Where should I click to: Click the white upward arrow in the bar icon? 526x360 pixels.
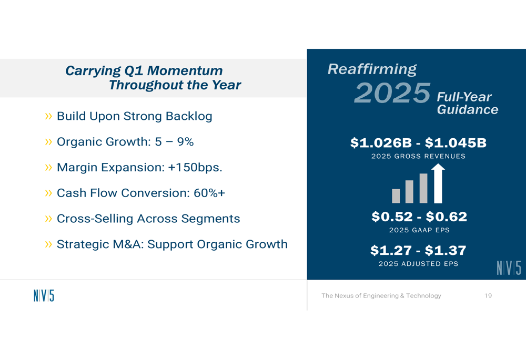(x=438, y=184)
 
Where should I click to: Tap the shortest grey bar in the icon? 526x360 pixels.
(x=396, y=196)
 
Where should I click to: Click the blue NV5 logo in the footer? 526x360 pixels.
(x=44, y=296)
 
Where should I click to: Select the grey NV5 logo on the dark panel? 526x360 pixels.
(x=509, y=268)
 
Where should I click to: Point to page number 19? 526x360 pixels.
(x=488, y=296)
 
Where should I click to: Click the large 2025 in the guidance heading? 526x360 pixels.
(x=392, y=93)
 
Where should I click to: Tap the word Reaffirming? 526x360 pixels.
(x=372, y=69)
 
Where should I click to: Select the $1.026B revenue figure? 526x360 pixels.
(x=381, y=143)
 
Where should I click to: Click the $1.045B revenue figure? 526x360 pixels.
(x=456, y=143)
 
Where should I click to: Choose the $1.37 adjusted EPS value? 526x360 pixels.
(x=446, y=250)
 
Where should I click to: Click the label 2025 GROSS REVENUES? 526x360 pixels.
(x=418, y=156)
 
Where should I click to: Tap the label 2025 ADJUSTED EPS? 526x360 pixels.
(x=418, y=264)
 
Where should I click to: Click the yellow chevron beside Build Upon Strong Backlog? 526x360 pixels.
(x=48, y=116)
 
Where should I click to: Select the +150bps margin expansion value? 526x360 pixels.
(x=195, y=167)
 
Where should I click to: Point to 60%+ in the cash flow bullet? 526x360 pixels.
(x=209, y=193)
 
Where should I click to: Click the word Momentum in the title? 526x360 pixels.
(x=185, y=71)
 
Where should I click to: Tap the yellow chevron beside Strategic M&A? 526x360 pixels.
(x=48, y=244)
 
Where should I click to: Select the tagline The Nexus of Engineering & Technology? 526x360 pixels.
(x=381, y=296)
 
